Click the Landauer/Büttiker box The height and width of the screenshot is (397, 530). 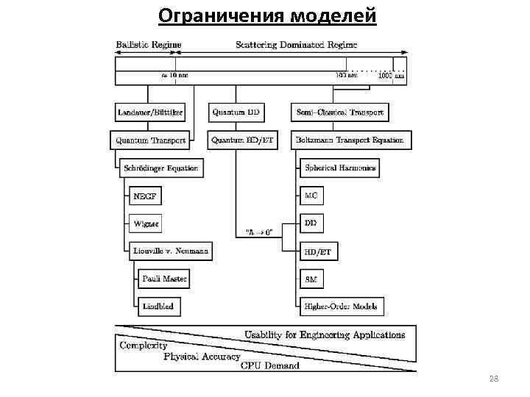(150, 112)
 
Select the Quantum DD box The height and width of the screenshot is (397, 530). (236, 112)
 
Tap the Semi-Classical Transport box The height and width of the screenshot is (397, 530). (340, 112)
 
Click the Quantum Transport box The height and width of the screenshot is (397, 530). (152, 140)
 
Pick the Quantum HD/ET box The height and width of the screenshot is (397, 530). (242, 140)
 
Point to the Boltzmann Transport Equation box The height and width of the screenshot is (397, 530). (352, 140)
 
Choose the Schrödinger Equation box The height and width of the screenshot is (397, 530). (161, 168)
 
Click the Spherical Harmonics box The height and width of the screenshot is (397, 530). (340, 168)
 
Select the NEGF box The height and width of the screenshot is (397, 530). (144, 196)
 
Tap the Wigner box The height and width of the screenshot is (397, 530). (145, 223)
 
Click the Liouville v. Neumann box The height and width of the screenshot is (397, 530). (170, 251)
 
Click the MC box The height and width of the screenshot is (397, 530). (312, 196)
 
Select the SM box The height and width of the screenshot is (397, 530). (312, 279)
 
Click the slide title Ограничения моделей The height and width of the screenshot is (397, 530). (267, 15)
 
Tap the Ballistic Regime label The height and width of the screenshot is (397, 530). (149, 45)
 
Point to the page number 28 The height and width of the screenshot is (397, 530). (493, 378)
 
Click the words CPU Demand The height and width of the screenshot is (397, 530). (270, 365)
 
